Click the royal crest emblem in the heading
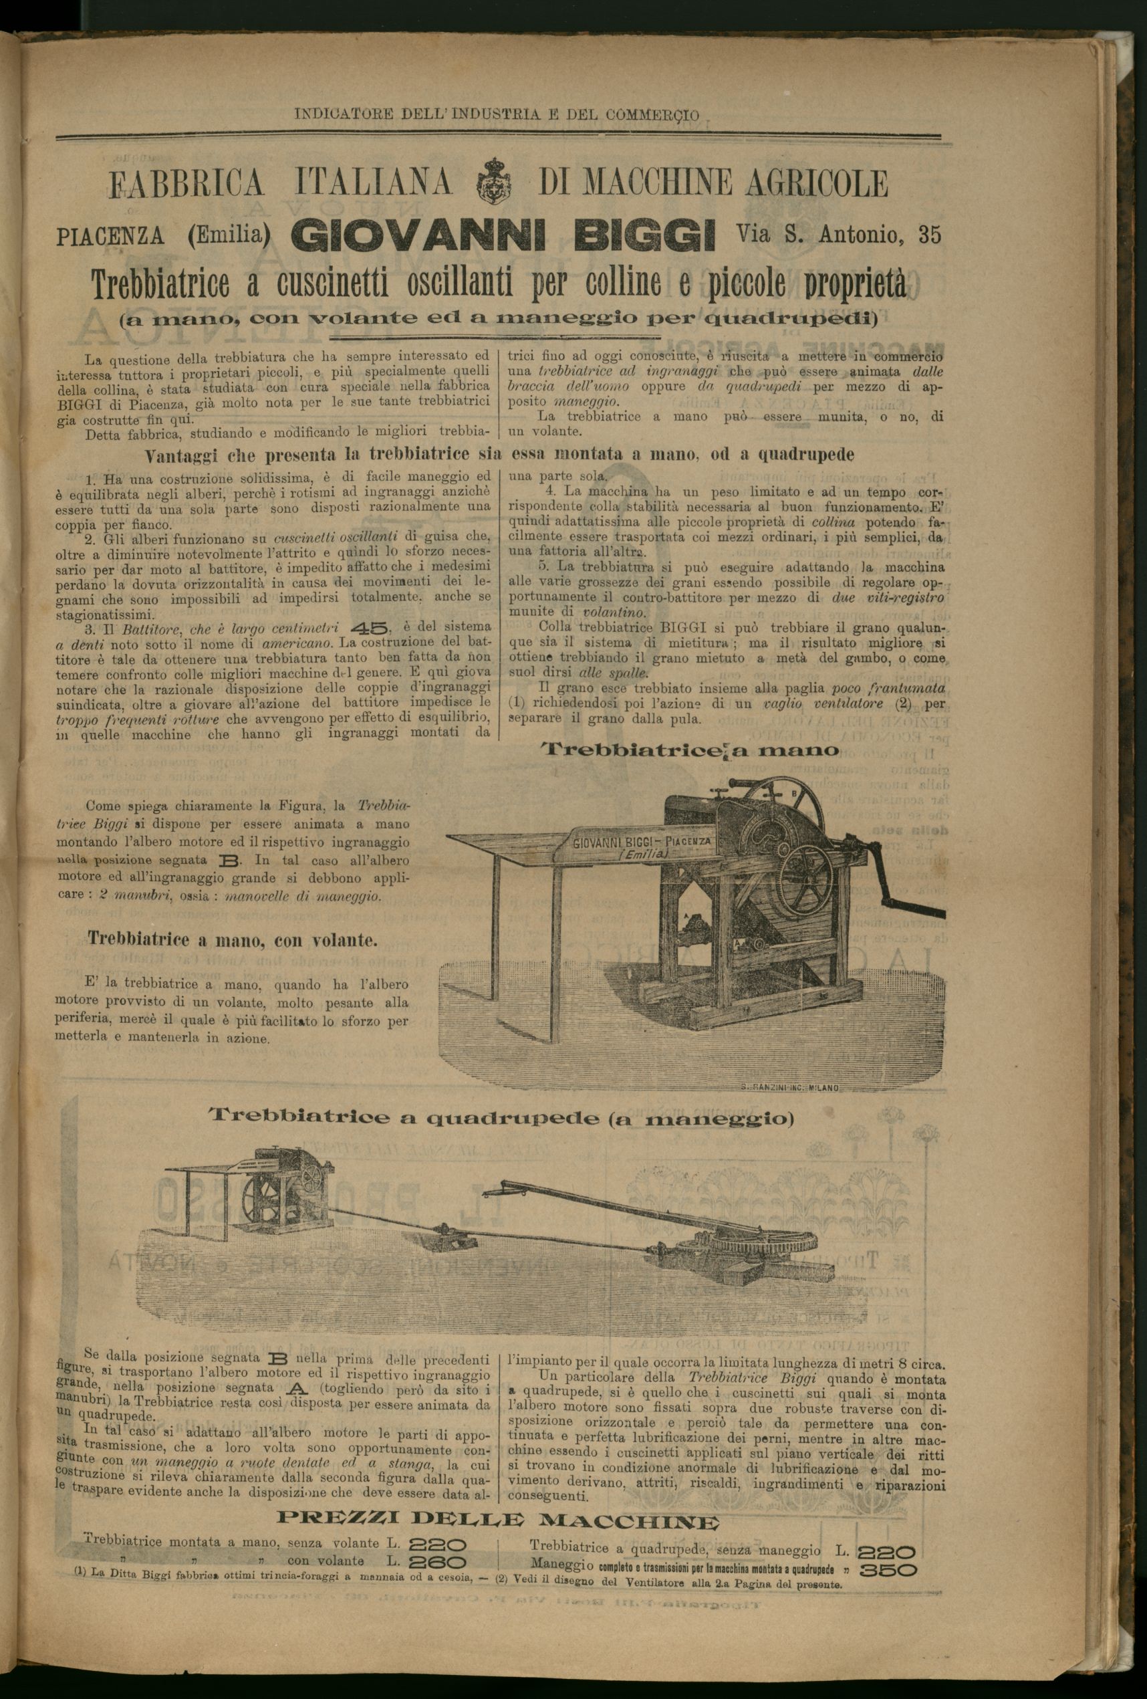(495, 183)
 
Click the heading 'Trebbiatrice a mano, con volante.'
(233, 939)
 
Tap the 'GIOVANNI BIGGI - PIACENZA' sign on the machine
(642, 845)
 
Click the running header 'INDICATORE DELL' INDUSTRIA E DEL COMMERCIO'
(497, 115)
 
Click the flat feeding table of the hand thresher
(512, 840)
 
